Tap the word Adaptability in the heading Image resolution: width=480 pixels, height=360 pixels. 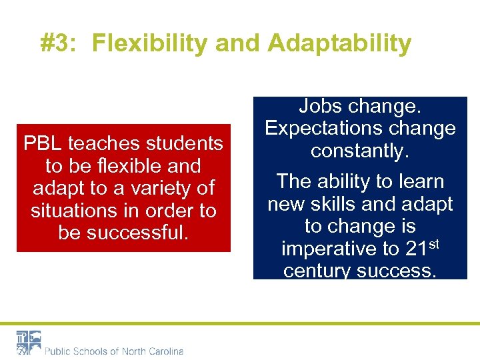coord(339,43)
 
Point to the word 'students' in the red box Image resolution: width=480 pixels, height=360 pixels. coord(183,143)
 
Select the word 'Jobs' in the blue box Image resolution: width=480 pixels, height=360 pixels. coord(319,106)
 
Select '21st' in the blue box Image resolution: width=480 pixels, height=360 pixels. coord(421,248)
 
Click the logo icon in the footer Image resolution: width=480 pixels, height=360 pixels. coord(29,342)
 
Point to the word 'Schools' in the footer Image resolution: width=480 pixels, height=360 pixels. coord(91,351)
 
